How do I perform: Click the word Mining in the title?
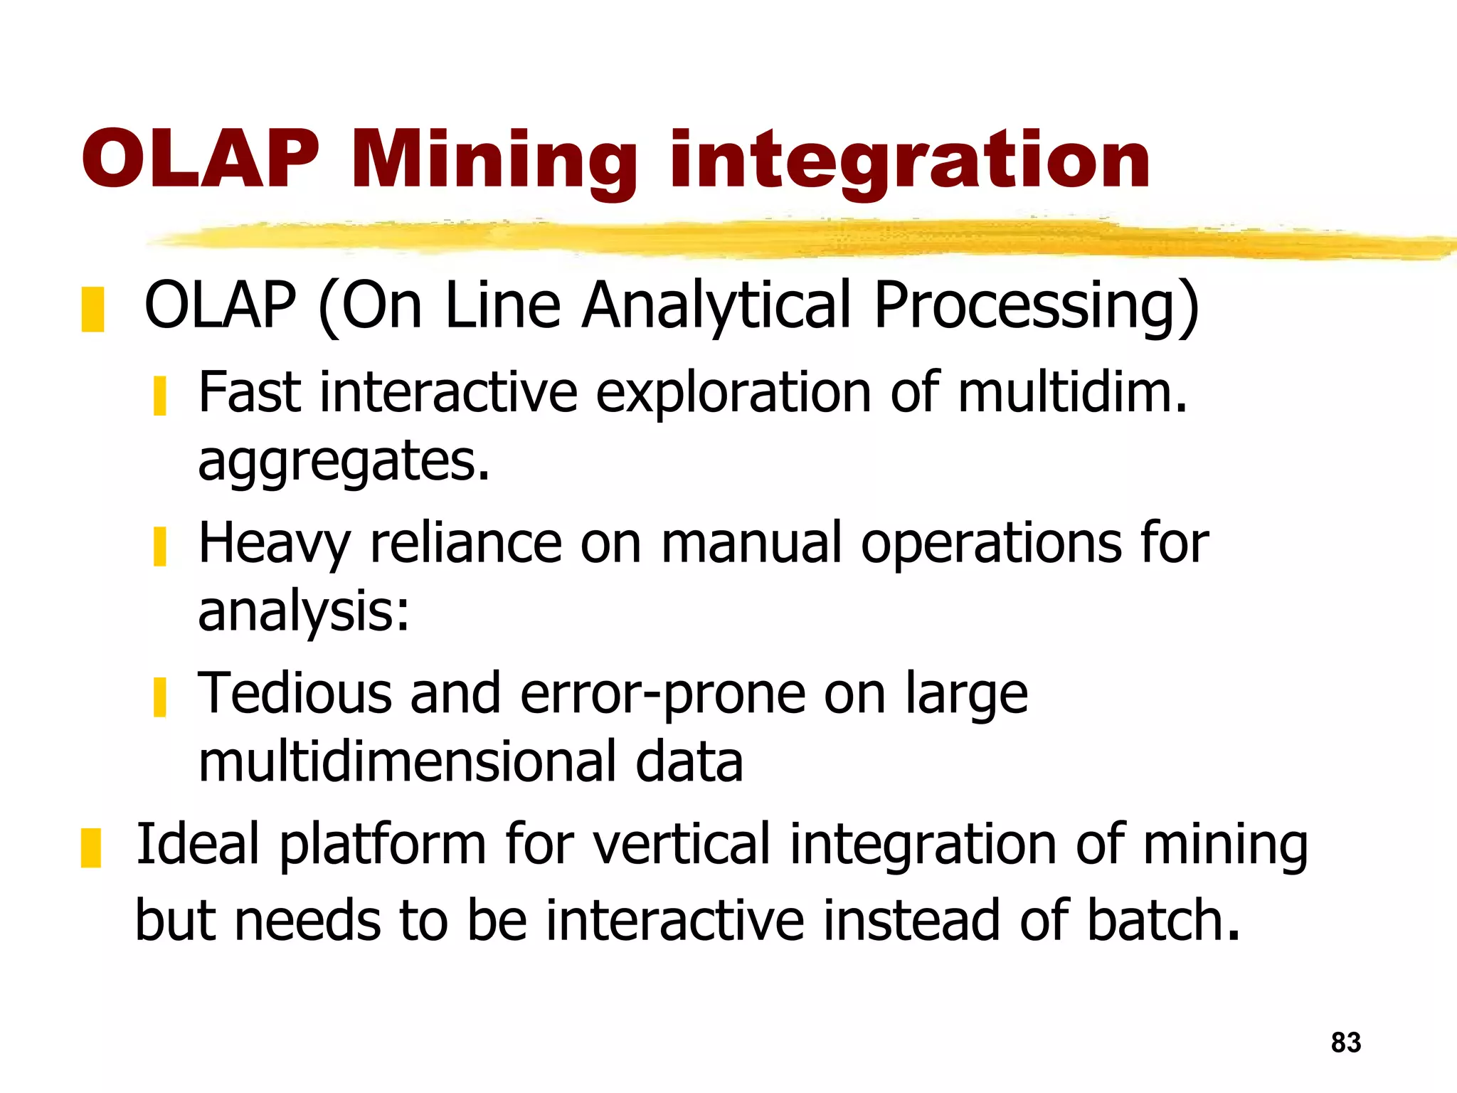(494, 162)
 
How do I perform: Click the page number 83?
(1345, 1042)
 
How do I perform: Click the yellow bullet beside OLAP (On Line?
(92, 310)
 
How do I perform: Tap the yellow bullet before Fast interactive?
(160, 396)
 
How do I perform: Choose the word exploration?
(733, 393)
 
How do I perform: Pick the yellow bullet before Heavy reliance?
(160, 546)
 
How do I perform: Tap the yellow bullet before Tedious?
(160, 697)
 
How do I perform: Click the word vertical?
(682, 845)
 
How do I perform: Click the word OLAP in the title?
(201, 162)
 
